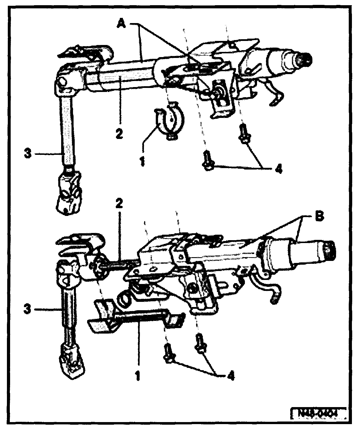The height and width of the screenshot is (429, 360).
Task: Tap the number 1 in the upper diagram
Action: pyautogui.click(x=142, y=161)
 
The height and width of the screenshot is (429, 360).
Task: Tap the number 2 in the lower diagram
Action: pyautogui.click(x=119, y=204)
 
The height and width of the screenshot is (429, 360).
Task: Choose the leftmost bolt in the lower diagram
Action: pyautogui.click(x=168, y=353)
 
